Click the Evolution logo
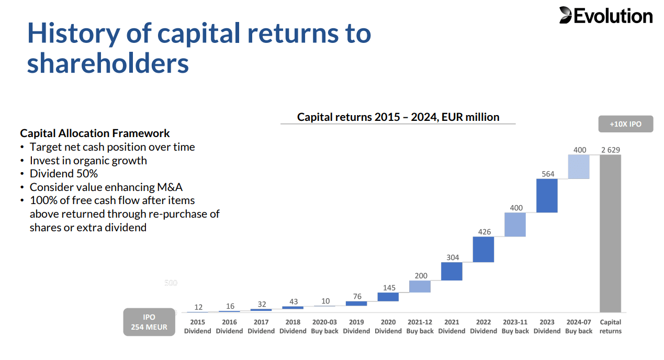[x=605, y=16]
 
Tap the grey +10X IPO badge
[x=625, y=125]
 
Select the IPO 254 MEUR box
[x=149, y=322]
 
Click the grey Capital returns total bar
[x=610, y=233]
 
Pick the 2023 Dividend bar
[x=547, y=196]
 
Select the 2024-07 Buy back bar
[x=579, y=167]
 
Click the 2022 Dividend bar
[x=483, y=249]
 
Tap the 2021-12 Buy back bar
[x=420, y=286]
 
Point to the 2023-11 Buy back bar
[x=515, y=224]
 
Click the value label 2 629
[x=611, y=150]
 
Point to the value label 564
[x=548, y=174]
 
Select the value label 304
[x=453, y=257]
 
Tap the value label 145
[x=389, y=288]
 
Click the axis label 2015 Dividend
[x=198, y=327]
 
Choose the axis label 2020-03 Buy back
[x=324, y=327]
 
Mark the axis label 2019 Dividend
[x=356, y=327]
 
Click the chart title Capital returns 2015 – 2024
[x=398, y=117]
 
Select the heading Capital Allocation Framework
[x=95, y=133]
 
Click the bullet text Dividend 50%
[x=64, y=174]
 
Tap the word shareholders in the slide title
[x=108, y=64]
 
